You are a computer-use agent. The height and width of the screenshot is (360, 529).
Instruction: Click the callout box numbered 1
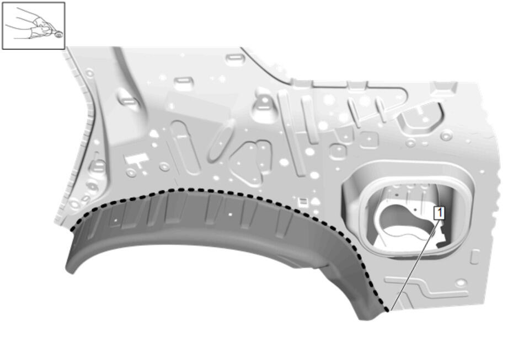tap(439, 213)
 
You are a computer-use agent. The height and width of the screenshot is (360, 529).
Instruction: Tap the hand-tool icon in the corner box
tap(34, 25)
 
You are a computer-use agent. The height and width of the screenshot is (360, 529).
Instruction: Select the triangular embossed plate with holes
tap(252, 162)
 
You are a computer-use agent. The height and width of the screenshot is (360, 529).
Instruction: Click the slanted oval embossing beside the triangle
tap(222, 141)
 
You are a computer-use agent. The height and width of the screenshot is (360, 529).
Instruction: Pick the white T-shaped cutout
tap(137, 160)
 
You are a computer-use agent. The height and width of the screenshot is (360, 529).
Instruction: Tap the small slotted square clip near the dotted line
tap(303, 202)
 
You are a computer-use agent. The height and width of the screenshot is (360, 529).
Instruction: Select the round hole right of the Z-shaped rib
tap(461, 282)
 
